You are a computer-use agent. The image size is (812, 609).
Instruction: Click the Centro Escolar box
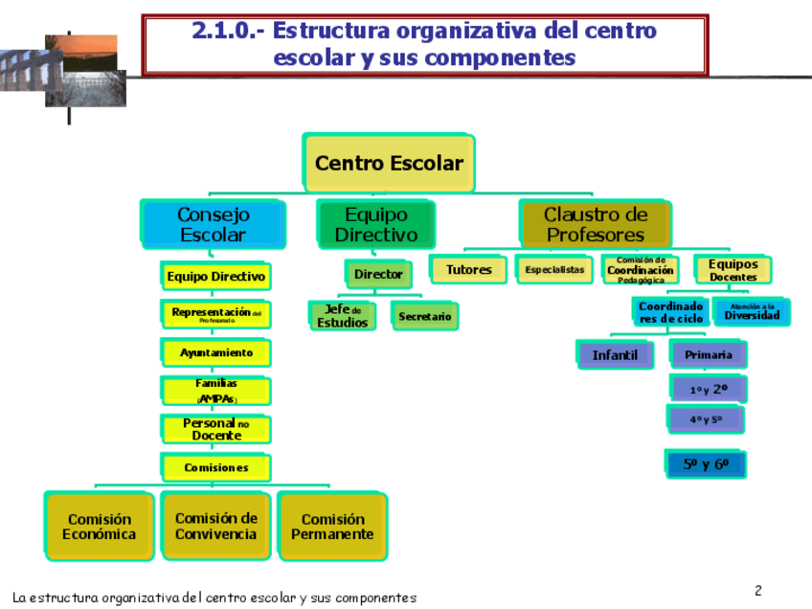point(388,163)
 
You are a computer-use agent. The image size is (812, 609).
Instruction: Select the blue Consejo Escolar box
point(213,225)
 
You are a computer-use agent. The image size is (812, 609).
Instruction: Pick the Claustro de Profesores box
point(595,225)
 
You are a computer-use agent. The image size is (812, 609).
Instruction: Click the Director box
point(378,275)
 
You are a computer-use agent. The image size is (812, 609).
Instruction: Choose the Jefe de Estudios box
point(342,316)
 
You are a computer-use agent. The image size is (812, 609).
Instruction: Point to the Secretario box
point(424,316)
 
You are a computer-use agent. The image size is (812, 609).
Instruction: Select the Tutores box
point(468,270)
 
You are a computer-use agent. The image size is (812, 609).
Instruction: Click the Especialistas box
point(554,270)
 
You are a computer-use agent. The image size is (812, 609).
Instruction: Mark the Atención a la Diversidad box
point(752,312)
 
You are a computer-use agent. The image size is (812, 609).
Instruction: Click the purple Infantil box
point(615,355)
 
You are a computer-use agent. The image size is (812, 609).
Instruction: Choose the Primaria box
point(708,355)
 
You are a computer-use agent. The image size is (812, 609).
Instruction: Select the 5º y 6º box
point(706,464)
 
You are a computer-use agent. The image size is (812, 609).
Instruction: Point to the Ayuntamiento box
point(216,353)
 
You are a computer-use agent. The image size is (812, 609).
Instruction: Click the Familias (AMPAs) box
point(216,391)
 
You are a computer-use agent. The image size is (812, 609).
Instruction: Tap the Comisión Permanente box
point(332,527)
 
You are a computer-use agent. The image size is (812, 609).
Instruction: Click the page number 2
point(757,590)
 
